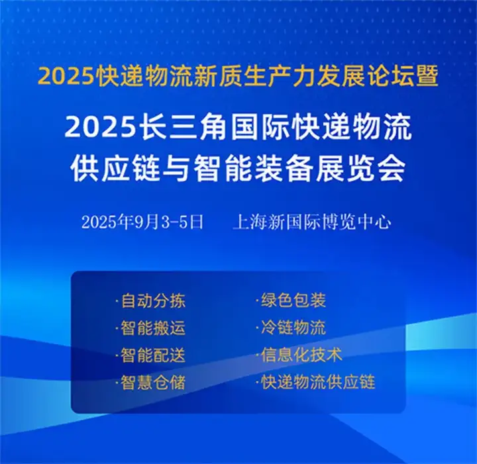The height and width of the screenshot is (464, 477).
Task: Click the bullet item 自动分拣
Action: pos(150,301)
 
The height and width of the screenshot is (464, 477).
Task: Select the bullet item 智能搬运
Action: pos(150,328)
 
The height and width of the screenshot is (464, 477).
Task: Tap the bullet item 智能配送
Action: pos(150,355)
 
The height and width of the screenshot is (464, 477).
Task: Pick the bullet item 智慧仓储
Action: pos(150,383)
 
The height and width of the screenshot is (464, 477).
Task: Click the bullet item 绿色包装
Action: pos(291,301)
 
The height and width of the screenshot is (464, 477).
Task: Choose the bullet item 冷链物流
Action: pos(291,328)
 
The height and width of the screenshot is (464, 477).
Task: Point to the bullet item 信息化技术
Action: pos(299,355)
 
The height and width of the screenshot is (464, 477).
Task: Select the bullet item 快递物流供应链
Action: pos(315,382)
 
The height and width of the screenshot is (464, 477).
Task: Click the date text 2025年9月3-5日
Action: pos(142,222)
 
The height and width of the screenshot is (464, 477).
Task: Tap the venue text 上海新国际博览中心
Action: pos(312,222)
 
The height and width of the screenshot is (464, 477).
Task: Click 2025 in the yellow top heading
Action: pos(66,77)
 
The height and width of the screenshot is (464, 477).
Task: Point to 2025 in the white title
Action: pos(100,127)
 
